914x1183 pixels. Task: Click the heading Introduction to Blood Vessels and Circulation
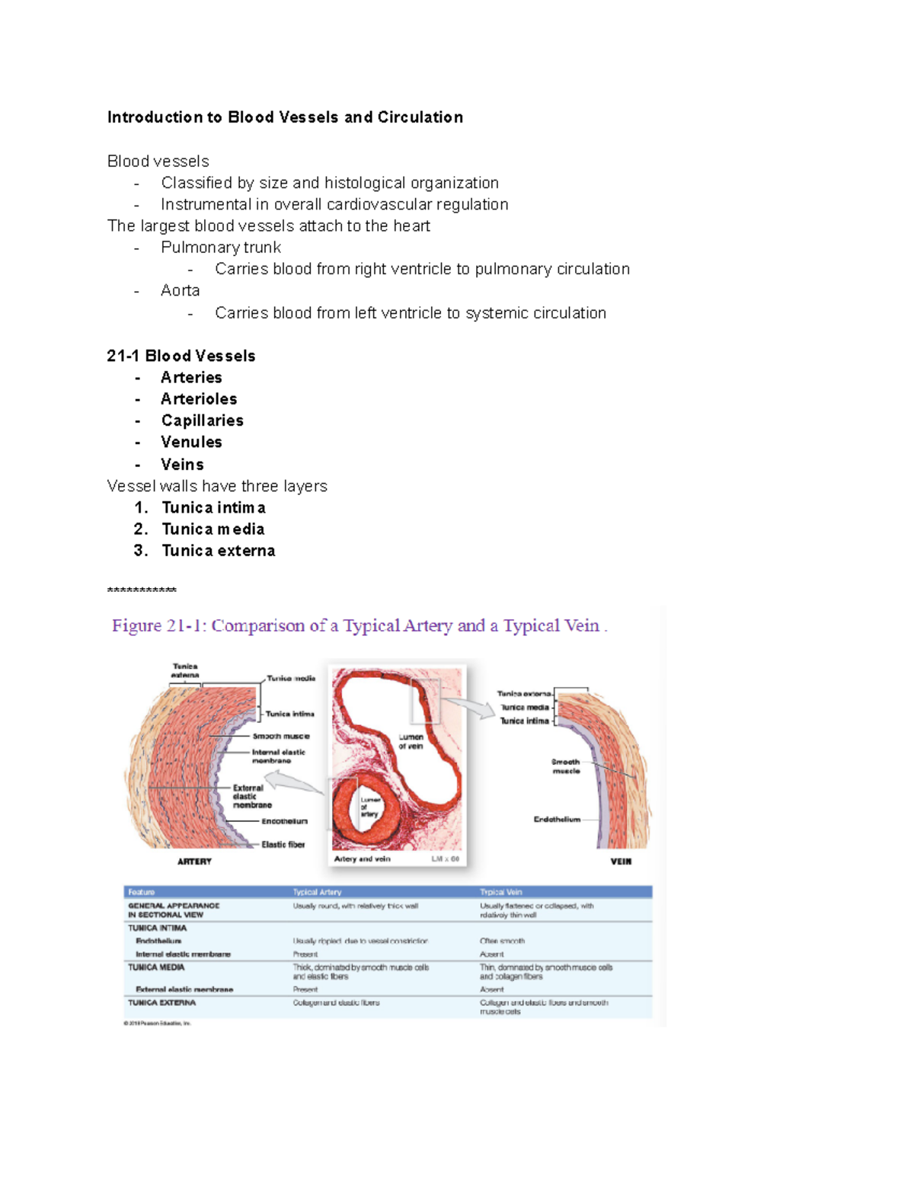tap(285, 117)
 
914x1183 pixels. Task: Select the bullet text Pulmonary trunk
tap(221, 248)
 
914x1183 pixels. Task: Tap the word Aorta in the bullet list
tap(181, 291)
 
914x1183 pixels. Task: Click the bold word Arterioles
tap(199, 399)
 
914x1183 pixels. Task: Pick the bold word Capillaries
tap(203, 420)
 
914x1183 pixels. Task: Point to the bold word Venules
tap(191, 443)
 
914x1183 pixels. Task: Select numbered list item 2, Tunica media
tap(213, 529)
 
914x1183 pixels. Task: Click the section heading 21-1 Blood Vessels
tap(181, 356)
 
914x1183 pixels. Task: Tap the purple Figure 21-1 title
tap(359, 626)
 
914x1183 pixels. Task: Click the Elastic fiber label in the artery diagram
tap(283, 844)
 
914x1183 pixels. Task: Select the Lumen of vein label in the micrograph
tap(411, 741)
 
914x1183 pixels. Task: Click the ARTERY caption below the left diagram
tap(194, 862)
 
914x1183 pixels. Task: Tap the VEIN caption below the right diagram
tap(621, 862)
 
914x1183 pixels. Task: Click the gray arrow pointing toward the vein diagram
tap(479, 709)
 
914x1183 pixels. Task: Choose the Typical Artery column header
tap(317, 892)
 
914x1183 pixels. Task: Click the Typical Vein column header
tap(500, 892)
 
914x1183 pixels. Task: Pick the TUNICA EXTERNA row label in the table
tap(161, 1002)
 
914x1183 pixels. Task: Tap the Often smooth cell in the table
tap(502, 941)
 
